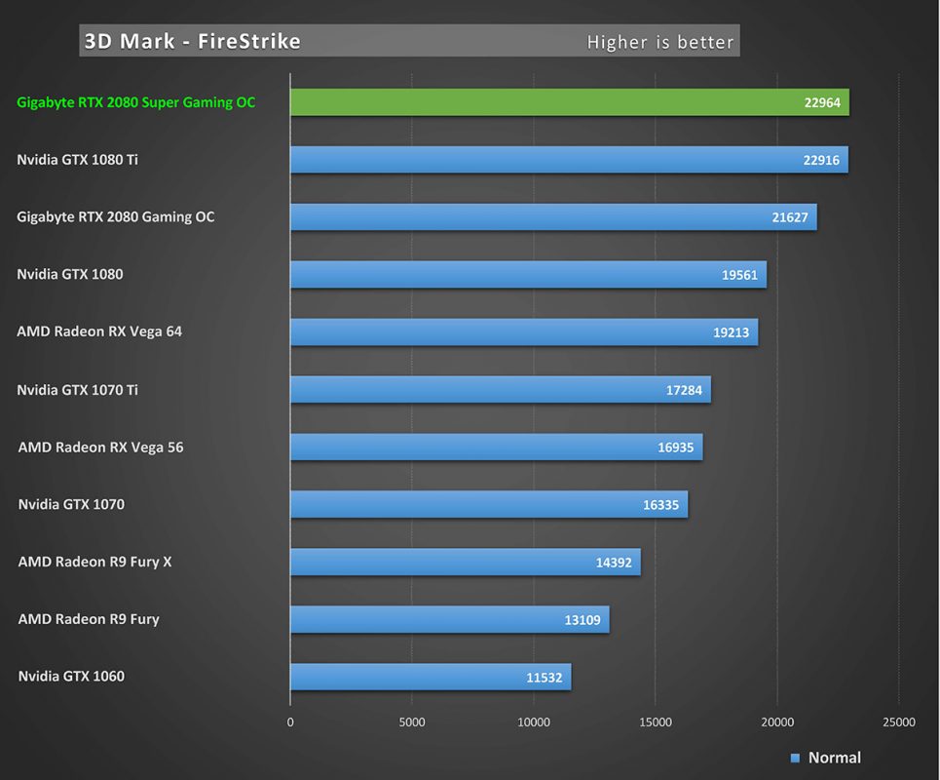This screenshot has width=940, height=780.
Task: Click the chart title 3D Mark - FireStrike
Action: [192, 41]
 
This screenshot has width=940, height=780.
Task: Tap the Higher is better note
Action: [658, 42]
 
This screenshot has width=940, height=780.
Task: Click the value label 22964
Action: [822, 102]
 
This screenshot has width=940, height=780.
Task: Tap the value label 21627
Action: [790, 217]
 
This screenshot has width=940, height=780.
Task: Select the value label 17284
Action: [684, 390]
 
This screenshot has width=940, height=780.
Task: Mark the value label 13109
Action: [583, 620]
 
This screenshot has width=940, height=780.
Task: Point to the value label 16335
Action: [660, 505]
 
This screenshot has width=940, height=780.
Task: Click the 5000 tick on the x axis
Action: [412, 722]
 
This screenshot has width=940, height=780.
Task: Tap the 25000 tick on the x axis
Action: [898, 722]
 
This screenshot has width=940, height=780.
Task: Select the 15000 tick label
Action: [655, 722]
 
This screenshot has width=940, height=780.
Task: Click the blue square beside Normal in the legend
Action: [795, 758]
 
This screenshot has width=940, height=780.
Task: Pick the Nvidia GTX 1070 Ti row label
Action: [77, 390]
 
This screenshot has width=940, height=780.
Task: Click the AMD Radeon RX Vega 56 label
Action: [100, 448]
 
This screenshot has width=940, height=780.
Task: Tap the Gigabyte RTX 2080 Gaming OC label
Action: [115, 216]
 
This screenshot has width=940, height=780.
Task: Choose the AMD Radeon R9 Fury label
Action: [89, 619]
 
